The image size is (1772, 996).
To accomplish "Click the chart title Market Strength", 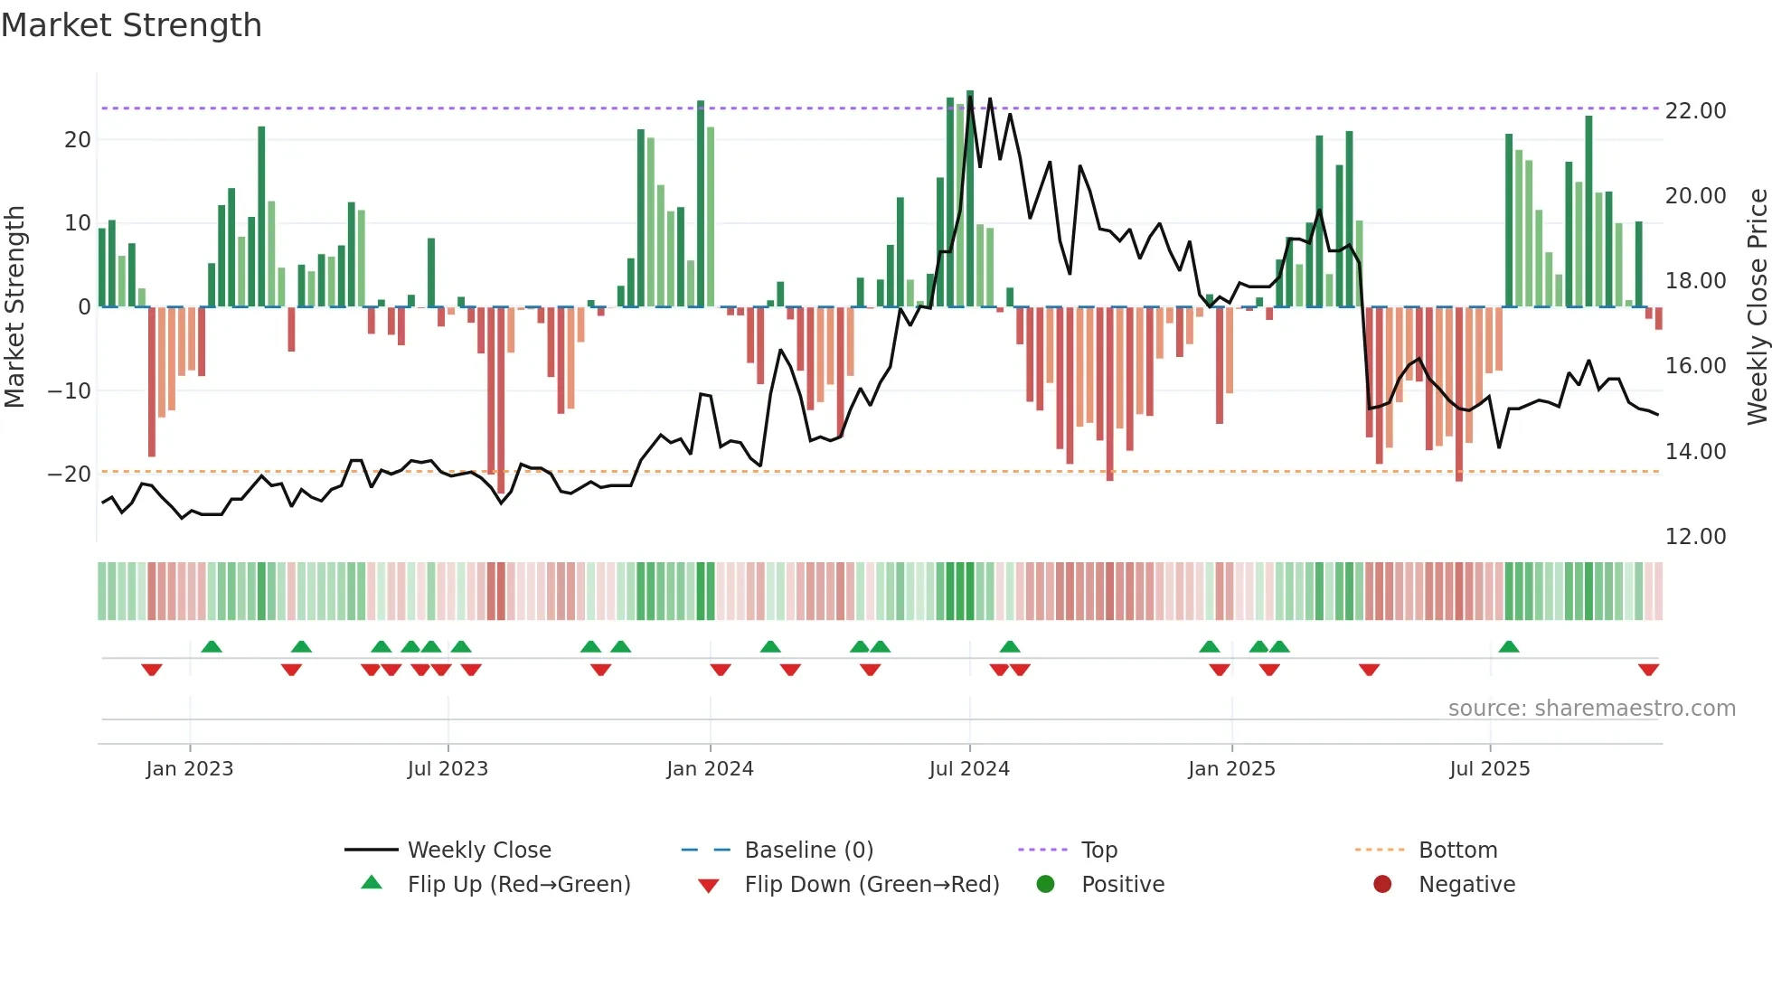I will [x=131, y=25].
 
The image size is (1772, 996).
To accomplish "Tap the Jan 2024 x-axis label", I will [x=710, y=768].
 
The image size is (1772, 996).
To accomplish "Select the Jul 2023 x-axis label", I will [x=448, y=768].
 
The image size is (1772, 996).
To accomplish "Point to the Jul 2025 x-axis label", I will [x=1489, y=768].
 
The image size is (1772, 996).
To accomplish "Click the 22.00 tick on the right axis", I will [x=1695, y=111].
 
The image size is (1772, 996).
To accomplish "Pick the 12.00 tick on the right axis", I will [x=1695, y=537].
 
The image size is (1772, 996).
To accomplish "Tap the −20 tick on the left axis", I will [x=69, y=475].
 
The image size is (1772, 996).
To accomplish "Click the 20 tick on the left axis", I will [x=77, y=140].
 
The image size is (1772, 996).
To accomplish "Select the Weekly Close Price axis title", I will [x=1757, y=307].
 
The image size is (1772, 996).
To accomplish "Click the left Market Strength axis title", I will [x=14, y=307].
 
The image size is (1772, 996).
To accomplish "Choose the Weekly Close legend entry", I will [x=478, y=850].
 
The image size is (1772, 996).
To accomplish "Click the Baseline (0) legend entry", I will [x=808, y=850].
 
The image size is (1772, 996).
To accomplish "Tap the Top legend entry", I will [x=1098, y=850].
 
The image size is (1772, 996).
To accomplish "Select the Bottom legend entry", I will [x=1457, y=850].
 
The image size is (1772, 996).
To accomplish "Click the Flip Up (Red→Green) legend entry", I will [x=518, y=885].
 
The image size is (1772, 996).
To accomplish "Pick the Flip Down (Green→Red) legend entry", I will [x=872, y=885].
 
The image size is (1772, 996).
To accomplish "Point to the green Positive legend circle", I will [x=1046, y=885].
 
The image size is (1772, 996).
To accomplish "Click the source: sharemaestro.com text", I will [x=1591, y=709].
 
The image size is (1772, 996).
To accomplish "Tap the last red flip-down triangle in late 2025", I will [x=1648, y=670].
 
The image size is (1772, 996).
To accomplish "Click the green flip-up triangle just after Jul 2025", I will [x=1508, y=646].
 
